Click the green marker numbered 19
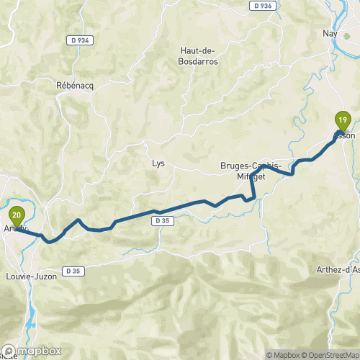[x=343, y=119]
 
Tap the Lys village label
[x=158, y=163]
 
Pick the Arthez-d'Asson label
[x=338, y=270]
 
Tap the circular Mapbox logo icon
[x=10, y=352]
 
